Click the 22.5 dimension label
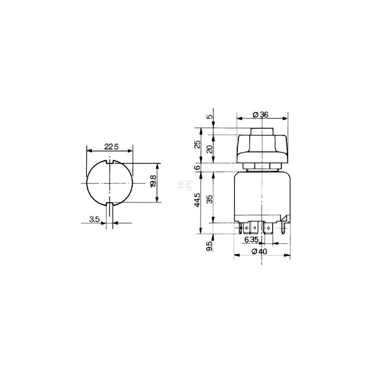tap(111, 147)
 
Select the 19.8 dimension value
tap(153, 181)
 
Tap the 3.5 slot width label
tap(94, 219)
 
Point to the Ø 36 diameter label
tap(260, 115)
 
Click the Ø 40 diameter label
tap(259, 251)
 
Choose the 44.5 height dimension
tap(197, 200)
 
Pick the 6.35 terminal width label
tap(251, 239)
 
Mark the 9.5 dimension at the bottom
tap(210, 246)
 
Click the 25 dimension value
tap(197, 144)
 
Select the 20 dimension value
tap(210, 149)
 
